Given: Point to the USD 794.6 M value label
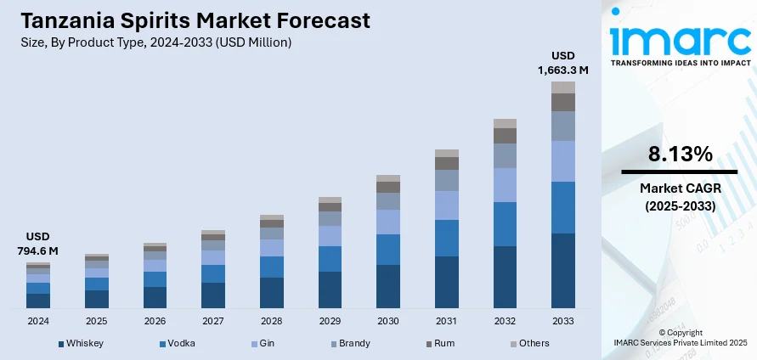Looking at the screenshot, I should click(37, 243).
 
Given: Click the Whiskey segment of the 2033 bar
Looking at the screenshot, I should click(562, 270).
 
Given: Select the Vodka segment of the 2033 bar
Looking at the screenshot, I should click(562, 207).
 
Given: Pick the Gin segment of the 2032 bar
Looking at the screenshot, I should click(505, 184).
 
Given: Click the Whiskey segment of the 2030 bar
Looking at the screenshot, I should click(388, 286).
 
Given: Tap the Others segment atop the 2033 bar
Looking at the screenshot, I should click(562, 87).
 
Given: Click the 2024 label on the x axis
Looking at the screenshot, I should click(38, 321).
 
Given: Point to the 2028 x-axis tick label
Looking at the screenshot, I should click(271, 321).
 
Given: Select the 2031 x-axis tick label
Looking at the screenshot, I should click(446, 321).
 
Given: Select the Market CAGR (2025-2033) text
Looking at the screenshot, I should click(679, 196).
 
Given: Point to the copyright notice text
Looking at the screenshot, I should click(680, 337).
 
